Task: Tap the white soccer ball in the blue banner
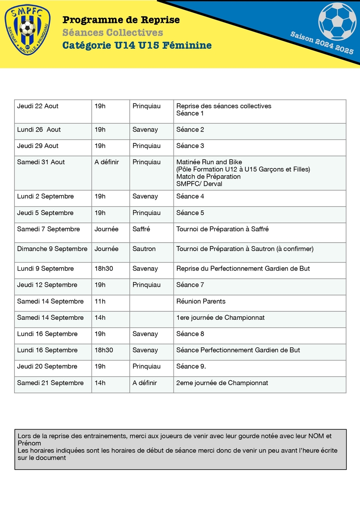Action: coord(337,20)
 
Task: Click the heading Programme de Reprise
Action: coord(121,20)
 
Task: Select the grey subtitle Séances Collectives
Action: coord(112,33)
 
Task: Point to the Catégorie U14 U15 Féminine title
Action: coord(137,45)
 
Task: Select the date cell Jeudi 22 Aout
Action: coord(38,106)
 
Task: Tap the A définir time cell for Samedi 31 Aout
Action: coord(106,162)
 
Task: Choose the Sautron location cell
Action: coord(144,249)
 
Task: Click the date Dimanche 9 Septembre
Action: coord(52,249)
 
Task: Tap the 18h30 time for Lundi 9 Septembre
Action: coord(103,268)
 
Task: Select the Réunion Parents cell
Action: coord(201,301)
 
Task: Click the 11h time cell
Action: coord(100,301)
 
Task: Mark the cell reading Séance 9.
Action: coord(191,366)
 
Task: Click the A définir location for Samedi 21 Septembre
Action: coord(145,383)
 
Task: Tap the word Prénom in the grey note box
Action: coord(29,443)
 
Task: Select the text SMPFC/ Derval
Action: coord(199,184)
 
